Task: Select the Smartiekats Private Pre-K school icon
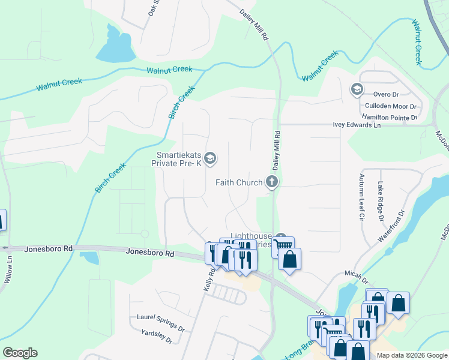tap(210, 158)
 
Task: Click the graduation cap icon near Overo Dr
tap(357, 90)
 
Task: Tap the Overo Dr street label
tap(385, 95)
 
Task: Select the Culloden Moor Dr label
tap(386, 106)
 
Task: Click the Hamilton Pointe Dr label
tap(388, 118)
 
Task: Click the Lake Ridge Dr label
tap(380, 201)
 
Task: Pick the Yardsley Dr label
tap(156, 336)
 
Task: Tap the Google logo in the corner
tap(20, 353)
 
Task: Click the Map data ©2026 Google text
tap(411, 355)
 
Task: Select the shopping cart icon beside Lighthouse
tap(283, 244)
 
